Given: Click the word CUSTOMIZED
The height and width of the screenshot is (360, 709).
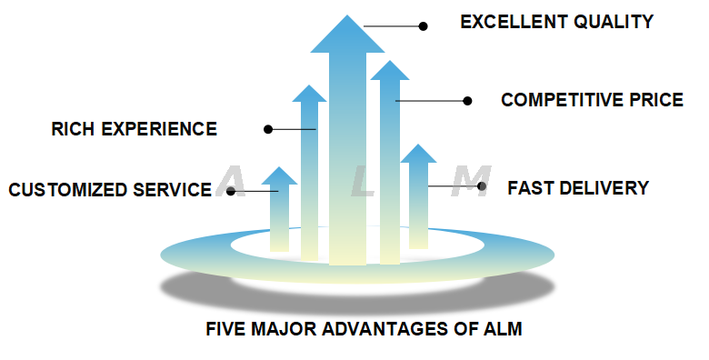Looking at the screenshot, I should [x=62, y=190].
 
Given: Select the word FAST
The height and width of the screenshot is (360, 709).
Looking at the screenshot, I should [x=527, y=188].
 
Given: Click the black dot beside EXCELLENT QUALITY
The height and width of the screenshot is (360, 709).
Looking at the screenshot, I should [x=423, y=26].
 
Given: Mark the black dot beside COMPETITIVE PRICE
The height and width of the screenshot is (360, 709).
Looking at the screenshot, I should [x=468, y=101].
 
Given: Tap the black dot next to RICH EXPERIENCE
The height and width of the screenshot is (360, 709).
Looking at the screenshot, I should [x=268, y=129].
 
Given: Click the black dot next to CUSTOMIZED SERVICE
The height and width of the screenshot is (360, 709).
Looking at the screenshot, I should [x=232, y=191].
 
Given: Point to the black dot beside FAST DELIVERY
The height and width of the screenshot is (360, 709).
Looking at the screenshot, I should [x=482, y=186].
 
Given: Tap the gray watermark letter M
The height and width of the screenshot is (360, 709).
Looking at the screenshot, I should [x=471, y=182].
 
